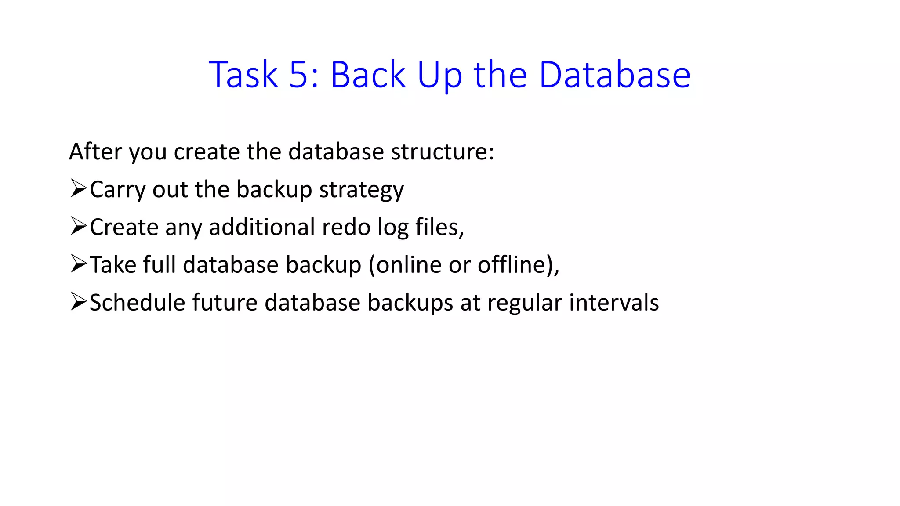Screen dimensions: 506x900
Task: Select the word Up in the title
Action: click(439, 76)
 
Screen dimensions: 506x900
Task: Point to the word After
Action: click(95, 152)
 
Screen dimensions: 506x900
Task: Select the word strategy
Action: click(361, 190)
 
